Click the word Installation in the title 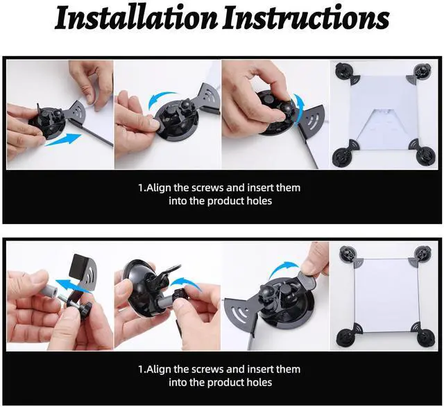[136, 18]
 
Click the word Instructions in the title [306, 18]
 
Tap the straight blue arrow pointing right [63, 140]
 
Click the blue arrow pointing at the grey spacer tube [71, 285]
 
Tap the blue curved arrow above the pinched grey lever [284, 270]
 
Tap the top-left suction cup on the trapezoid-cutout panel [343, 71]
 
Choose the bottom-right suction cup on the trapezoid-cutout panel [425, 155]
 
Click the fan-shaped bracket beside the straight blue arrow [74, 113]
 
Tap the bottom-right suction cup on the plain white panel [426, 338]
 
